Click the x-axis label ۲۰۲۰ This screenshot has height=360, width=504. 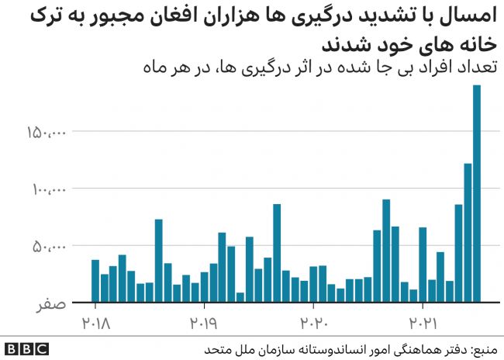(314, 320)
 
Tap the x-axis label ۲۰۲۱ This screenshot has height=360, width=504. (423, 320)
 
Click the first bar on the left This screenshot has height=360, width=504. (95, 281)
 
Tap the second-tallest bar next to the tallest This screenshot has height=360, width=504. (468, 232)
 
